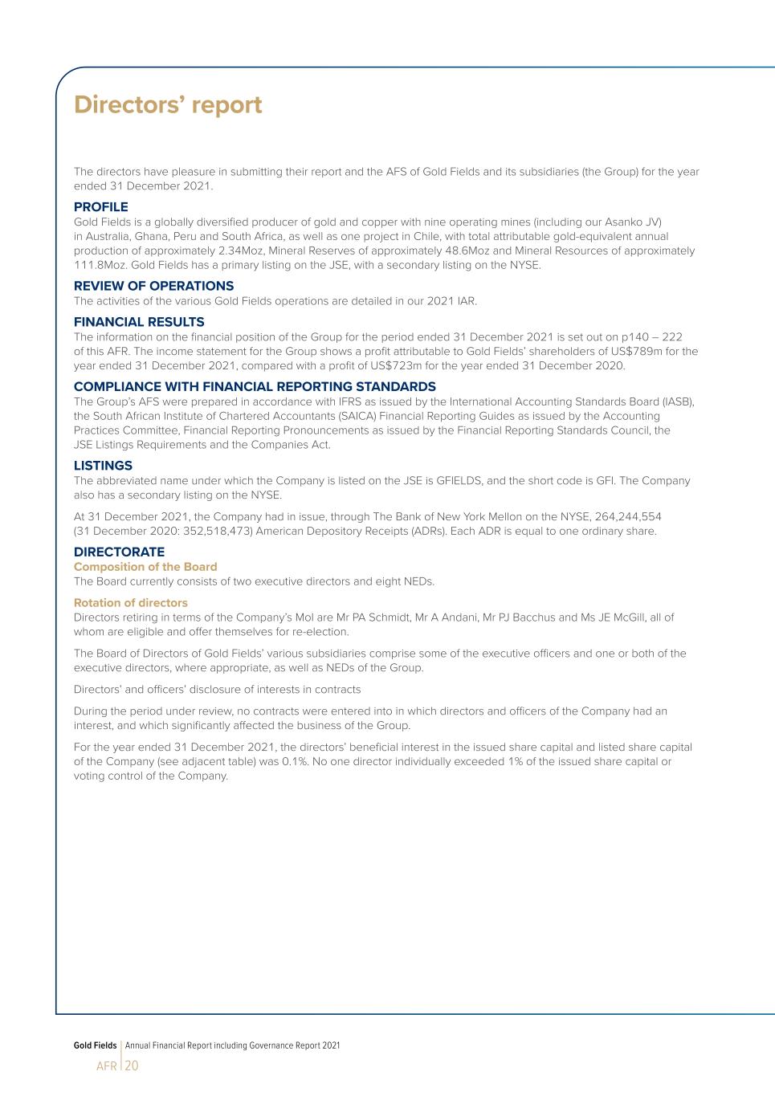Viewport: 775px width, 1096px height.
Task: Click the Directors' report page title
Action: click(x=168, y=105)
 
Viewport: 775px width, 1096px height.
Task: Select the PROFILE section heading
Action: click(x=100, y=207)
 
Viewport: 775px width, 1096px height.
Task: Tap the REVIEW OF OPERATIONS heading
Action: click(x=153, y=286)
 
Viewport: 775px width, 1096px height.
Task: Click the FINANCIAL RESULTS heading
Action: click(x=139, y=322)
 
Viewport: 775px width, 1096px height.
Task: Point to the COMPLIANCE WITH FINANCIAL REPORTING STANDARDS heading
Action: click(x=255, y=386)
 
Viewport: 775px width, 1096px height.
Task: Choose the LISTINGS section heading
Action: click(x=103, y=466)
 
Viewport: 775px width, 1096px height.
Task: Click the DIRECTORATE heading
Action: click(x=119, y=552)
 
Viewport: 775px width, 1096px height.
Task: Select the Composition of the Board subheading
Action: click(x=145, y=567)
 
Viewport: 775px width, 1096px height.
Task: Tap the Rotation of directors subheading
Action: click(x=131, y=603)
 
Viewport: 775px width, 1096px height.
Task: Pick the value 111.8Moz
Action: click(x=99, y=265)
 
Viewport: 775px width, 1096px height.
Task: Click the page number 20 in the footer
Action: click(x=132, y=1066)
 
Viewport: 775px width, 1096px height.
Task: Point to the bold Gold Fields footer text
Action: click(x=95, y=1045)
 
